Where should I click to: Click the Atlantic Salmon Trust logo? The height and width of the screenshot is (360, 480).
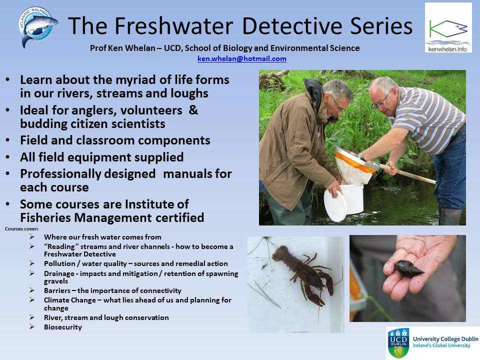38,26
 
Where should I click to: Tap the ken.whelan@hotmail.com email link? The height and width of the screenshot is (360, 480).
242,58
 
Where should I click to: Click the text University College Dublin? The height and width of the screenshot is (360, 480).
445,339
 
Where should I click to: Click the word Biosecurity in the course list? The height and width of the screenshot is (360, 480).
63,327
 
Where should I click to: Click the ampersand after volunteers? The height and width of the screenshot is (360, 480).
193,110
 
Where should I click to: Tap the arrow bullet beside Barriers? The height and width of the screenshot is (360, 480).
32,290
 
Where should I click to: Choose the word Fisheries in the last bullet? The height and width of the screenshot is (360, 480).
45,217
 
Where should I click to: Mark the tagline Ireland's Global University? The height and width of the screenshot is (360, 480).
441,345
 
